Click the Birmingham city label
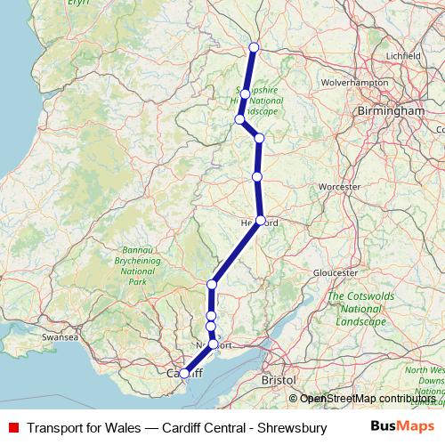pyautogui.click(x=390, y=110)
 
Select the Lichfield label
pyautogui.click(x=404, y=55)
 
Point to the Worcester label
pyautogui.click(x=339, y=187)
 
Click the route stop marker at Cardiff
pyautogui.click(x=184, y=374)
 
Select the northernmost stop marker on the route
pyautogui.click(x=254, y=47)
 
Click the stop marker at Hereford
pyautogui.click(x=261, y=220)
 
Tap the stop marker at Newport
pyautogui.click(x=214, y=344)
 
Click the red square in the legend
pyautogui.click(x=12, y=427)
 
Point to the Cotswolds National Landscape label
pyautogui.click(x=356, y=307)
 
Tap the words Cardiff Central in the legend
pyautogui.click(x=206, y=427)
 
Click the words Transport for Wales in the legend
pyautogui.click(x=83, y=427)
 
